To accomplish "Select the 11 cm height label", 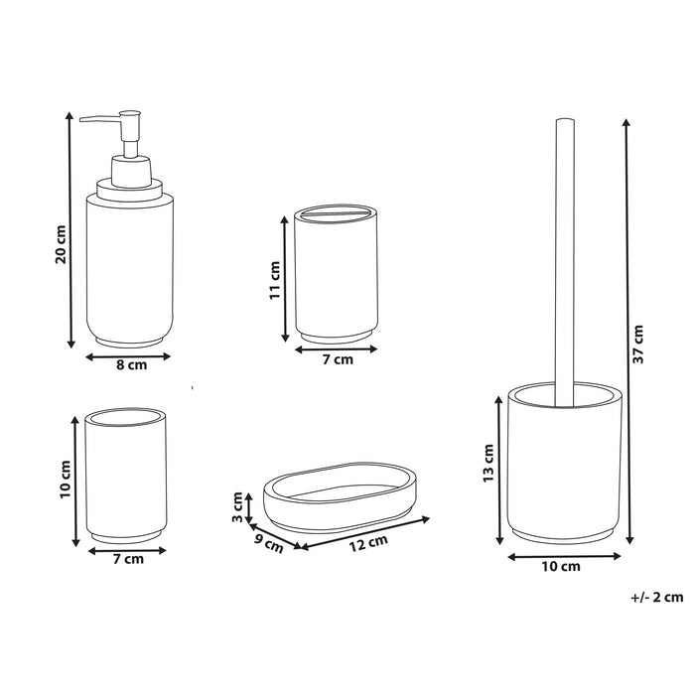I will (276, 281).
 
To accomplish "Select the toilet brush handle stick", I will (563, 258).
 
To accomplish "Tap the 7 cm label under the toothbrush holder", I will (338, 360).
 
